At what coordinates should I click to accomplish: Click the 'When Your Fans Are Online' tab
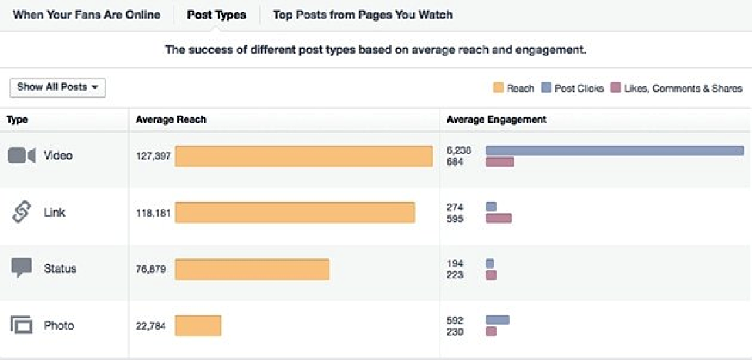[x=86, y=15]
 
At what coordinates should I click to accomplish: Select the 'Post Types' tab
[x=217, y=15]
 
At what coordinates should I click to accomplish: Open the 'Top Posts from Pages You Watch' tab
[x=363, y=15]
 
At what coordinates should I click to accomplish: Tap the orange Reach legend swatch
[x=498, y=89]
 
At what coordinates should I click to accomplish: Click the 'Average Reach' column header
[x=171, y=119]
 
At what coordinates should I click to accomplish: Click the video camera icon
[x=22, y=156]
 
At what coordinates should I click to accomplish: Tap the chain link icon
[x=22, y=212]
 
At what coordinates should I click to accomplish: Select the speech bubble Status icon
[x=22, y=268]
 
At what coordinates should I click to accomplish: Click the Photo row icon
[x=22, y=325]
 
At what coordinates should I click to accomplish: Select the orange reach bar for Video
[x=304, y=156]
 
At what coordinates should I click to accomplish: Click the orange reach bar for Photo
[x=198, y=325]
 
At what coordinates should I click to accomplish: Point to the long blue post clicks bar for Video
[x=614, y=150]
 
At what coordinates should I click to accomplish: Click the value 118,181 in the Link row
[x=153, y=213]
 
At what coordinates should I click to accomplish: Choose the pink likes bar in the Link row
[x=498, y=218]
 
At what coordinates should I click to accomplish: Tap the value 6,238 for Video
[x=459, y=150]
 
